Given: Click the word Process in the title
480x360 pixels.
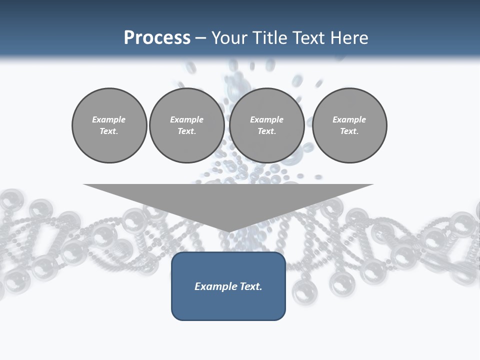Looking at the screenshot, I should tap(157, 38).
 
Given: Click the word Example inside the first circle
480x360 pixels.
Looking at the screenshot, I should tap(109, 119).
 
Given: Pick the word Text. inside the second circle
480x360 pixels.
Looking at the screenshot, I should tap(186, 131).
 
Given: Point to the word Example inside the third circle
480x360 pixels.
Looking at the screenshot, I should tap(266, 119).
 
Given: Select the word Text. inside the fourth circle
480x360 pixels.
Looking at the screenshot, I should tap(349, 131).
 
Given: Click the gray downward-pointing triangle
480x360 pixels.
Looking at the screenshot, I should tap(228, 200).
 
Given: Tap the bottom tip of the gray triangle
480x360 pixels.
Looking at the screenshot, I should tap(228, 230).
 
